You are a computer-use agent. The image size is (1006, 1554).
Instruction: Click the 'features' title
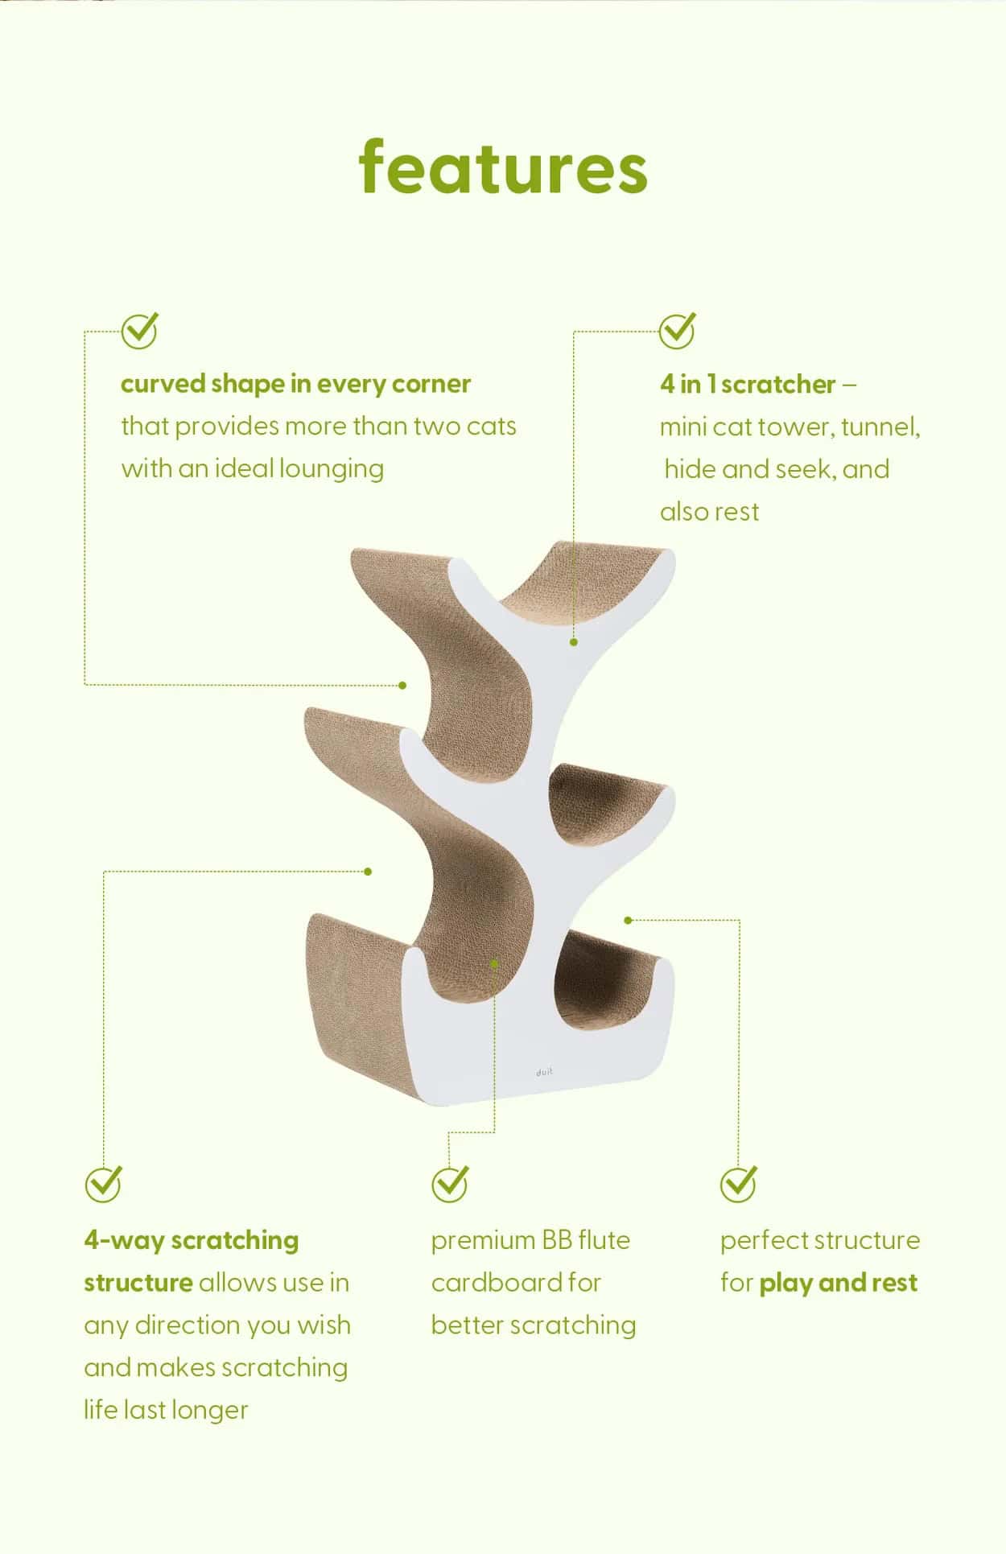(x=503, y=167)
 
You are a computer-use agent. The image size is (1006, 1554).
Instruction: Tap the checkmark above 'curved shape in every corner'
(x=139, y=330)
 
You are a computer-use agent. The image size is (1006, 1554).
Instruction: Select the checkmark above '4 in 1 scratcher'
(x=677, y=330)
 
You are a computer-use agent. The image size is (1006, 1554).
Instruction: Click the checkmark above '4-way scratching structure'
(x=103, y=1184)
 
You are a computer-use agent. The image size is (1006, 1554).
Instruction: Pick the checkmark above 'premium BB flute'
(x=449, y=1184)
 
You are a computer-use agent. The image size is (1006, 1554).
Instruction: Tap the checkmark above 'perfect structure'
(x=738, y=1184)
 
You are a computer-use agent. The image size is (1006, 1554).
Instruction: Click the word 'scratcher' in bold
(x=779, y=385)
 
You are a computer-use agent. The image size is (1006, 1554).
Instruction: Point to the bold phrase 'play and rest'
(x=838, y=1284)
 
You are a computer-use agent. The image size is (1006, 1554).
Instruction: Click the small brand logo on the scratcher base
(x=544, y=1072)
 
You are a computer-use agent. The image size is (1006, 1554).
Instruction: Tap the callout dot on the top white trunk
(x=574, y=642)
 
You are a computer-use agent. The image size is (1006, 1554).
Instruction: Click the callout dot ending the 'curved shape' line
(x=402, y=685)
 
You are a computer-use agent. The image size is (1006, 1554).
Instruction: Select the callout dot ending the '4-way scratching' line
(x=368, y=872)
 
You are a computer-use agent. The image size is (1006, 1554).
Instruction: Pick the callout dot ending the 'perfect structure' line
(x=629, y=920)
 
